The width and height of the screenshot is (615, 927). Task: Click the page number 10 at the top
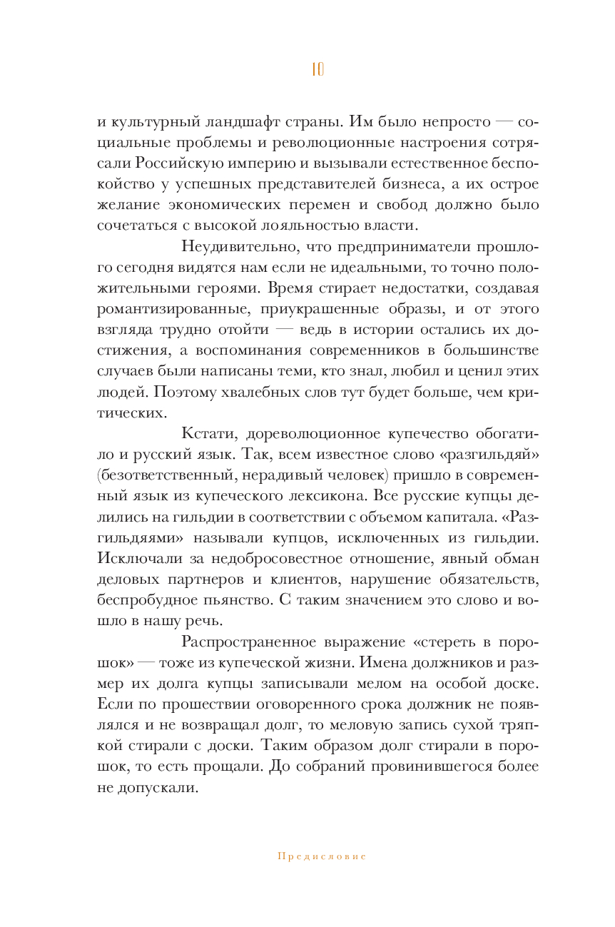tap(317, 69)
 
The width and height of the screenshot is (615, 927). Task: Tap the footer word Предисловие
tap(322, 856)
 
